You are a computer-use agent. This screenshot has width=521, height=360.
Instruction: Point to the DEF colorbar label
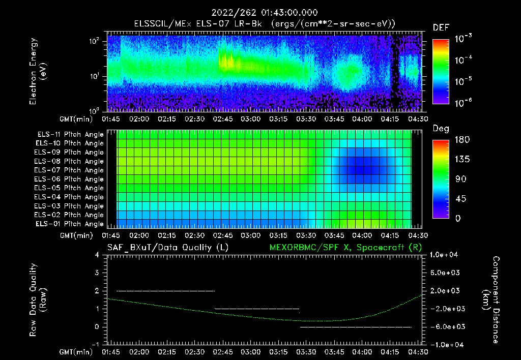tap(441, 28)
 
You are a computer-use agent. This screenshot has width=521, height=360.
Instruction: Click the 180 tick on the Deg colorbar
tap(441, 140)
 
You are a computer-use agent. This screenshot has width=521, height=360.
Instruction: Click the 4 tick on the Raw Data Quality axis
tap(97, 255)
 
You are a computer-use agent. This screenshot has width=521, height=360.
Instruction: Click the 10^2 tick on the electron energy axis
tap(95, 41)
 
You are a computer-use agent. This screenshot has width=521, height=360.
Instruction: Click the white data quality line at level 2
tap(165, 291)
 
